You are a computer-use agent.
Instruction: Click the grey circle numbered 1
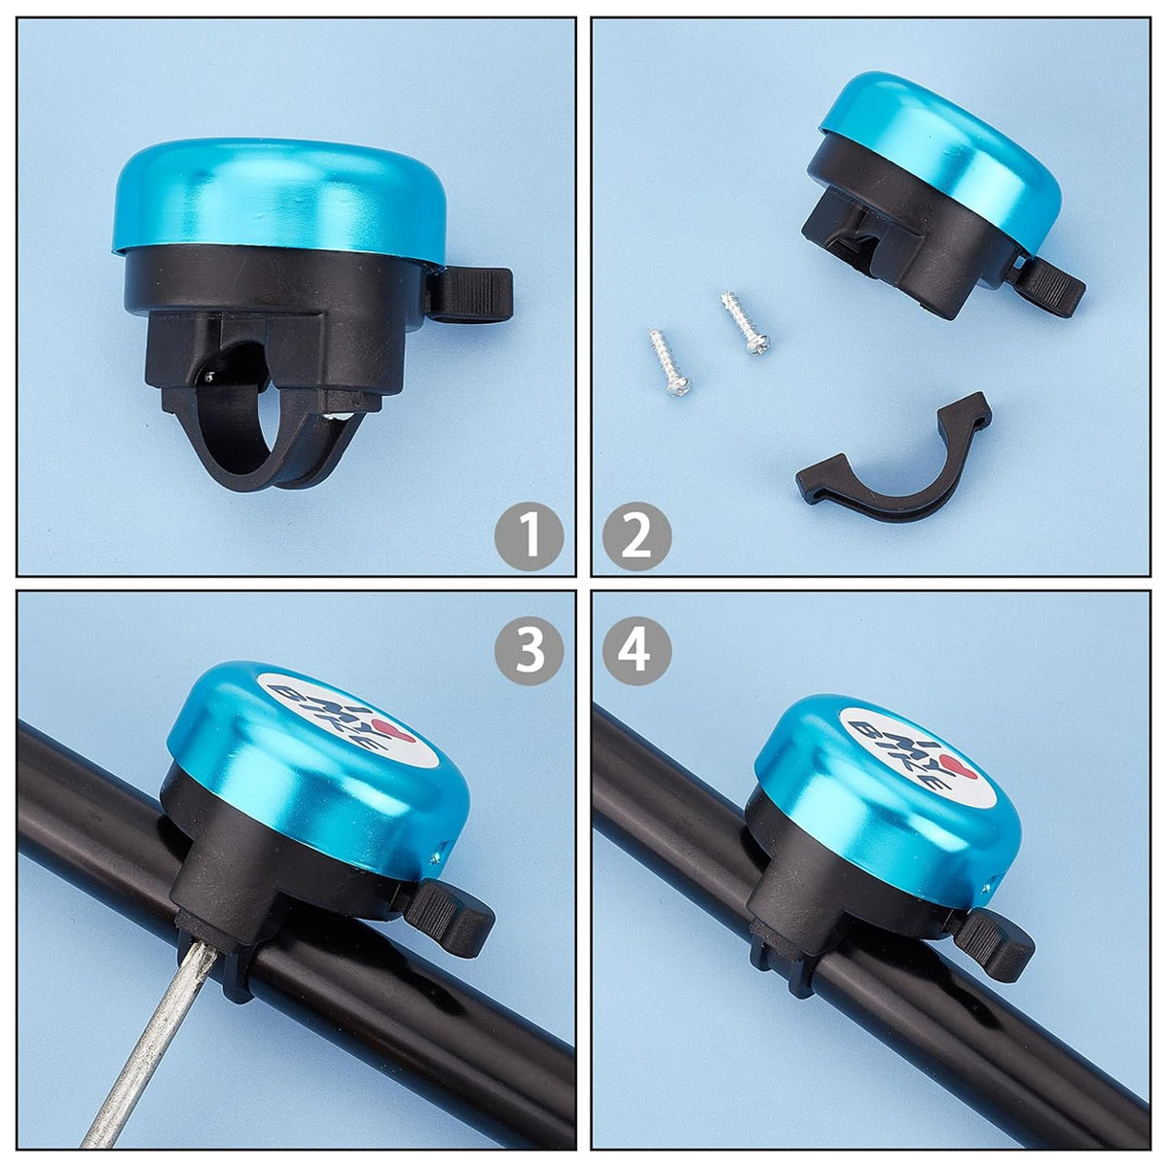pos(529,536)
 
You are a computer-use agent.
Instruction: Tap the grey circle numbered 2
pos(637,536)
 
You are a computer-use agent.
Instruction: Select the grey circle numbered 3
pos(529,650)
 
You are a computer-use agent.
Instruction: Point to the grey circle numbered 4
pos(637,650)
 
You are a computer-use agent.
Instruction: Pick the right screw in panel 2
pos(745,324)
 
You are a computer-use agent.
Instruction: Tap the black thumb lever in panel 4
pos(994,940)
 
